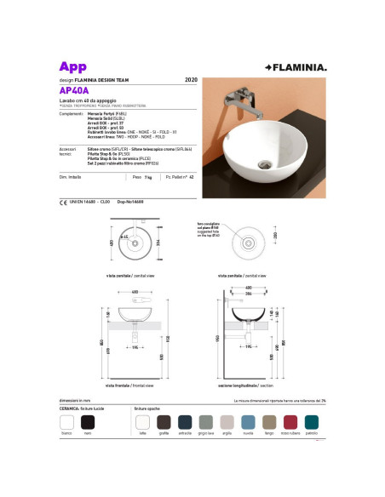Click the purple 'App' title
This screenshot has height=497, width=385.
74,66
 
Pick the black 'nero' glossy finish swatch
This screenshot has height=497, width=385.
87,422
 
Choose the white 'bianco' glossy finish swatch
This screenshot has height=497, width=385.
66,422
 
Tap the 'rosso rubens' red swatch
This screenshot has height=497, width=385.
290,422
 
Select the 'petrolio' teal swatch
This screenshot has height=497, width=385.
311,422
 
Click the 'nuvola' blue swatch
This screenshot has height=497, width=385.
247,422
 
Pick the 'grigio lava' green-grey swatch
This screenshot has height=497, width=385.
205,422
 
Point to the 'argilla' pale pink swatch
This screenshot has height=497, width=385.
227,422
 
